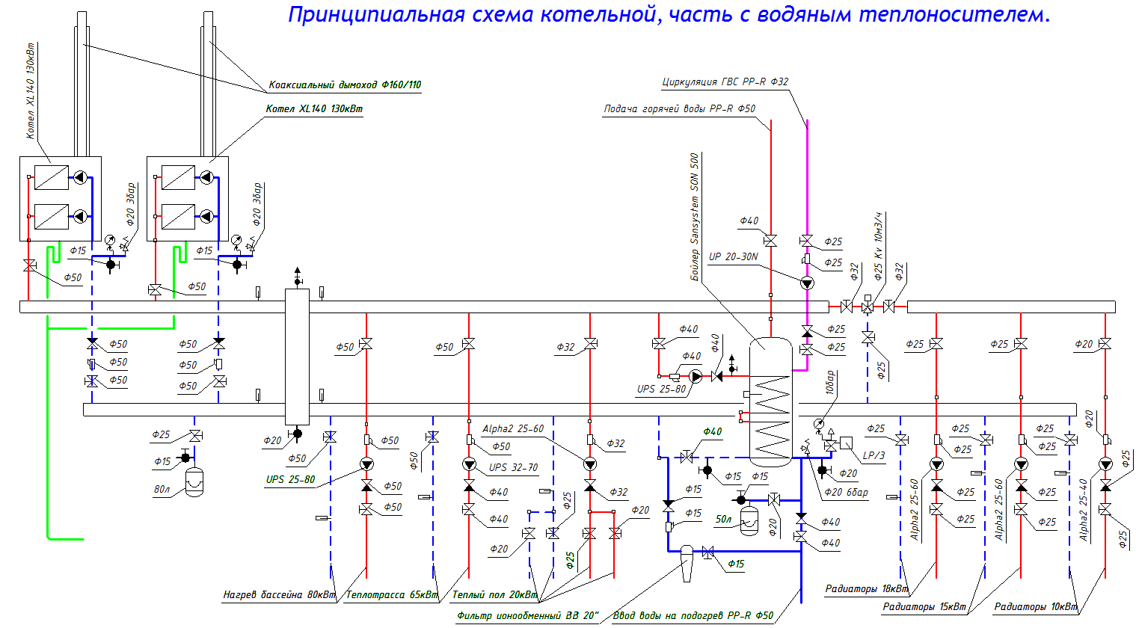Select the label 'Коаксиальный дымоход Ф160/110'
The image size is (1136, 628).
pyautogui.click(x=345, y=85)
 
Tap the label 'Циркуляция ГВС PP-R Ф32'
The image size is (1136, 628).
pyautogui.click(x=725, y=82)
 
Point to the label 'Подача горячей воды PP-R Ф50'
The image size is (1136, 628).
pyautogui.click(x=679, y=109)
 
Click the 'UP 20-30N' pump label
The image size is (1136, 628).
pyautogui.click(x=733, y=256)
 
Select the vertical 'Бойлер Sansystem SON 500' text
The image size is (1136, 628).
pyautogui.click(x=694, y=217)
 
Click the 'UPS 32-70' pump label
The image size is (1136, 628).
pyautogui.click(x=513, y=467)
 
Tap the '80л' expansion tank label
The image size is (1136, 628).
pyautogui.click(x=162, y=490)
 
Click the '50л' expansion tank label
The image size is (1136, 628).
pyautogui.click(x=723, y=519)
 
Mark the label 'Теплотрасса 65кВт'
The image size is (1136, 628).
pyautogui.click(x=392, y=595)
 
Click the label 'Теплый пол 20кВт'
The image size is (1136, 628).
pyautogui.click(x=494, y=595)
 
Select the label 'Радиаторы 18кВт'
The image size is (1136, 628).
pyautogui.click(x=866, y=589)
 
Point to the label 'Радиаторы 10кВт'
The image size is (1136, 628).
pyautogui.click(x=1035, y=607)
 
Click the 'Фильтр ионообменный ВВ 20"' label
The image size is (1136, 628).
pyautogui.click(x=528, y=616)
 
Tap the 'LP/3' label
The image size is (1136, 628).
pyautogui.click(x=874, y=455)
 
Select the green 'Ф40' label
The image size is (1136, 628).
pyautogui.click(x=713, y=431)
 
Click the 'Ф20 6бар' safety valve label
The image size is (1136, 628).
pyautogui.click(x=846, y=493)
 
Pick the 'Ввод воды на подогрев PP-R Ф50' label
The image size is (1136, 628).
pyautogui.click(x=693, y=616)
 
